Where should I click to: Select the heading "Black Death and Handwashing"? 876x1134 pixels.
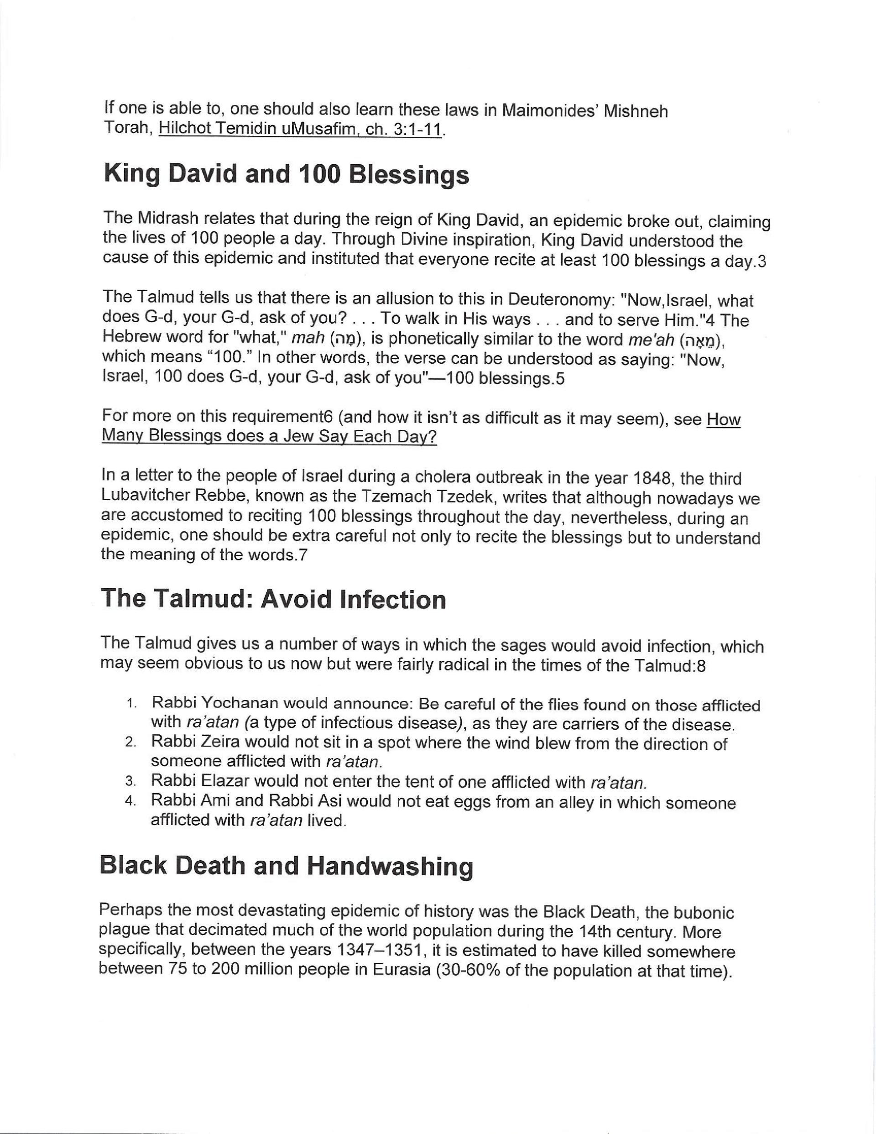tap(286, 866)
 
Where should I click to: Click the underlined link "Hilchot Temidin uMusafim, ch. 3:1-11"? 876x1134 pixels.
tap(301, 129)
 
